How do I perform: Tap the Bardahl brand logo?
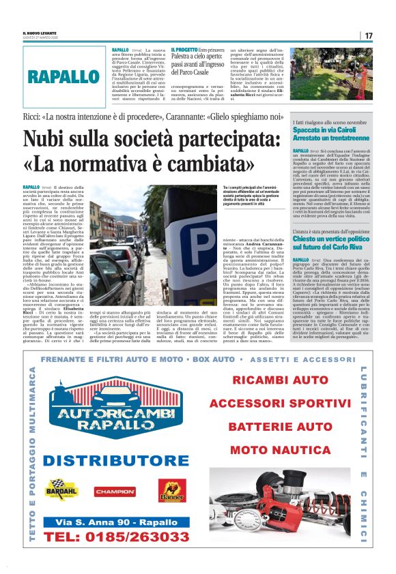(x=61, y=489)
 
